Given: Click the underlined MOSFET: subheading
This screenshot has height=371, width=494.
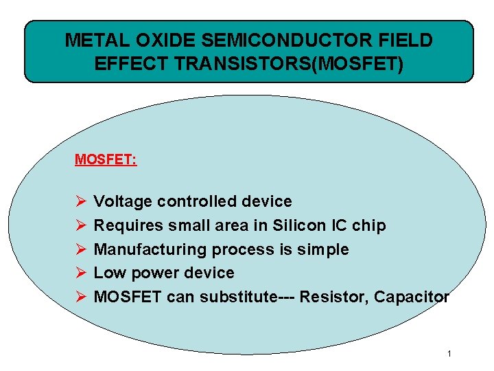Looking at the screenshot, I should [106, 160].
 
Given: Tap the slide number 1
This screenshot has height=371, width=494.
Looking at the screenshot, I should [449, 355].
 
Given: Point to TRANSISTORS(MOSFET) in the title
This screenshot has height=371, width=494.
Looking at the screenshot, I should [283, 64].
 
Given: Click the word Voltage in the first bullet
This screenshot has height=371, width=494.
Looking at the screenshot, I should [123, 201].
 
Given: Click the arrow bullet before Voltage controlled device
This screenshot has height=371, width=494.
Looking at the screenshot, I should [80, 201].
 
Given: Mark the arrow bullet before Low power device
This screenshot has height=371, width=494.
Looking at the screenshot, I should [80, 273].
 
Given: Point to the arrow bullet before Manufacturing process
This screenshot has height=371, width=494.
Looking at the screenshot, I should [80, 249].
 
